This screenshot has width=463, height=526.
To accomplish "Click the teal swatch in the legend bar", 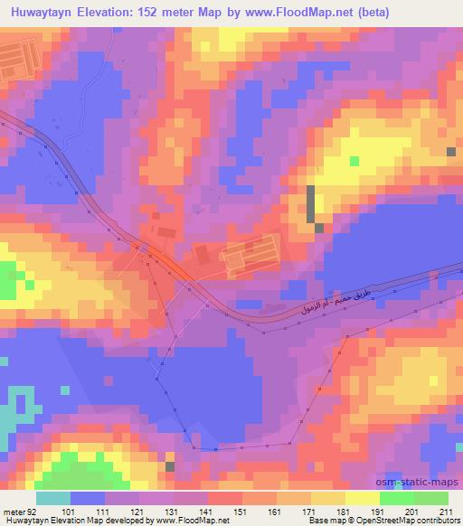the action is point(53,498).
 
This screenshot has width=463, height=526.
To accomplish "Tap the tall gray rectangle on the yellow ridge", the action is point(311,202).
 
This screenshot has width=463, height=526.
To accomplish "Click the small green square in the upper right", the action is point(354,161).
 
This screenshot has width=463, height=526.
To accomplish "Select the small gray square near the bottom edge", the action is point(170,466).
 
